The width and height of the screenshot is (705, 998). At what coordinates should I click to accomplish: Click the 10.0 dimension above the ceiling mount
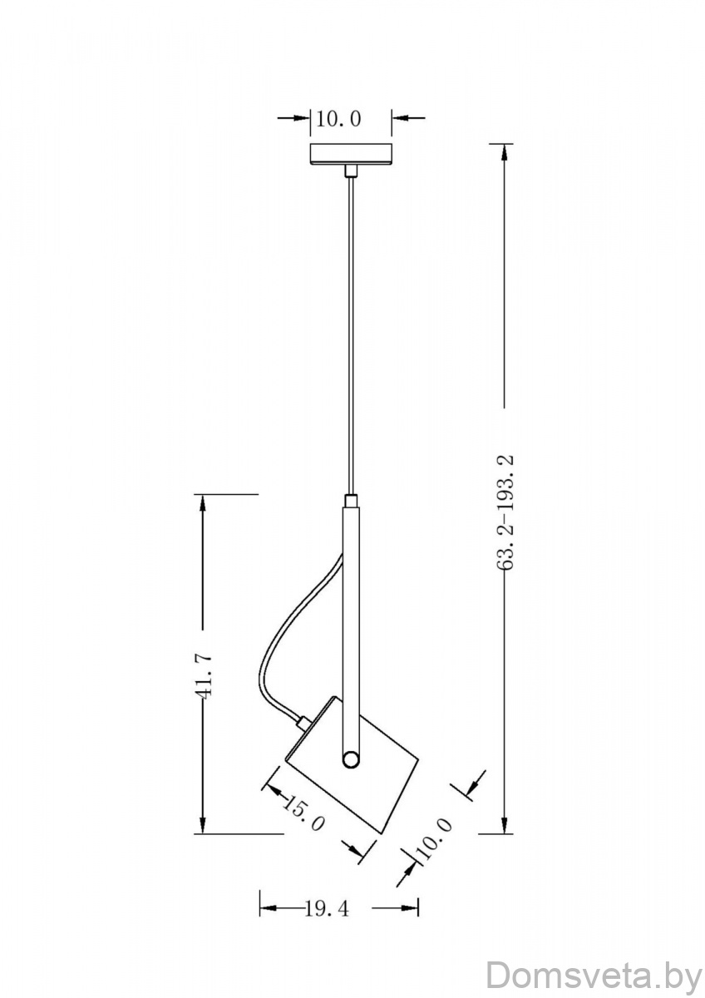coord(338,119)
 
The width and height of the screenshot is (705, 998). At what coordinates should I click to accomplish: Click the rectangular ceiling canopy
coord(351,154)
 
